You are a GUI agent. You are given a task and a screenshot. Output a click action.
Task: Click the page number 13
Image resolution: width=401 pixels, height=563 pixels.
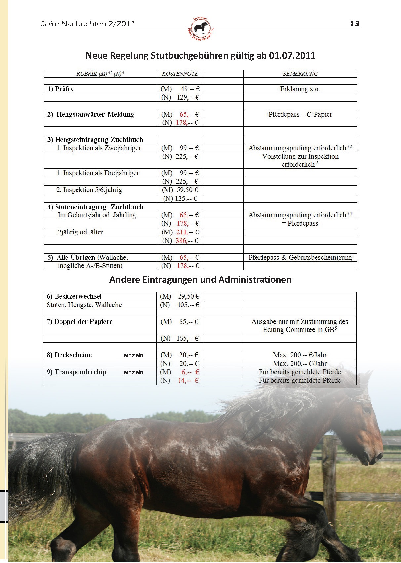[x=355, y=24]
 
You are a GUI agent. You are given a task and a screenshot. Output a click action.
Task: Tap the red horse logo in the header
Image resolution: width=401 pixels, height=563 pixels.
[x=200, y=28]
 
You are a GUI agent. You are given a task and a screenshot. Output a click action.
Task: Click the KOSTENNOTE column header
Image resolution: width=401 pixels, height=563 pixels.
[x=180, y=74]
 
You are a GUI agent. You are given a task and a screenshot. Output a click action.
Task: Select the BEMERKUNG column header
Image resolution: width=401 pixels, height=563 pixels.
[x=300, y=74]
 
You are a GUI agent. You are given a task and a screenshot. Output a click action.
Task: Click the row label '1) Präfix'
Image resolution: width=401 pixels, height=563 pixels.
[x=60, y=89]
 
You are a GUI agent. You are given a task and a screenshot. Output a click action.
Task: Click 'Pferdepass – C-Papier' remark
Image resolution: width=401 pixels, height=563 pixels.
[x=300, y=114]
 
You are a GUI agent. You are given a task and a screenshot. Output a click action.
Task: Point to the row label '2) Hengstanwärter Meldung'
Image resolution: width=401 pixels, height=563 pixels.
[x=91, y=114]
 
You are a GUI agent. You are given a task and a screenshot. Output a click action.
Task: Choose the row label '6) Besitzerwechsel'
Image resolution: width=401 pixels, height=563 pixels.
[x=74, y=296]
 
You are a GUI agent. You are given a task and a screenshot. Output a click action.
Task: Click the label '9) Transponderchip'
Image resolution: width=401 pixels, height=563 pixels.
[x=77, y=372]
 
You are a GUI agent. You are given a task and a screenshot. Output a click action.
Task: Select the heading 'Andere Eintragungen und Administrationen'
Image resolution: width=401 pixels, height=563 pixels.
[x=200, y=280]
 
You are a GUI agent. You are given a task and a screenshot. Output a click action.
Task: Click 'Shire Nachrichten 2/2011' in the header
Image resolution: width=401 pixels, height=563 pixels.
[x=88, y=24]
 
